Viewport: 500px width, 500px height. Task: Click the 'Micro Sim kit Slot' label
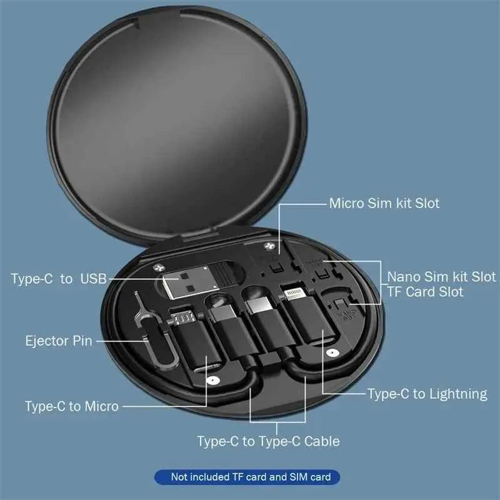384,203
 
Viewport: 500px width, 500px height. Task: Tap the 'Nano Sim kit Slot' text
441,276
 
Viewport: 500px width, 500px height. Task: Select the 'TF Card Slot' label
425,292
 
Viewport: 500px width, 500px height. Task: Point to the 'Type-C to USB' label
59,278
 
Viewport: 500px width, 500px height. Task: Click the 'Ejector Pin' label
59,341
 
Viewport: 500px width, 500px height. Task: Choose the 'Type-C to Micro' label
71,406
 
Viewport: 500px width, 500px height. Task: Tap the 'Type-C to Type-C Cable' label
268,441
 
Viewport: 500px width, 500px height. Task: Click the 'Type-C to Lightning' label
427,394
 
